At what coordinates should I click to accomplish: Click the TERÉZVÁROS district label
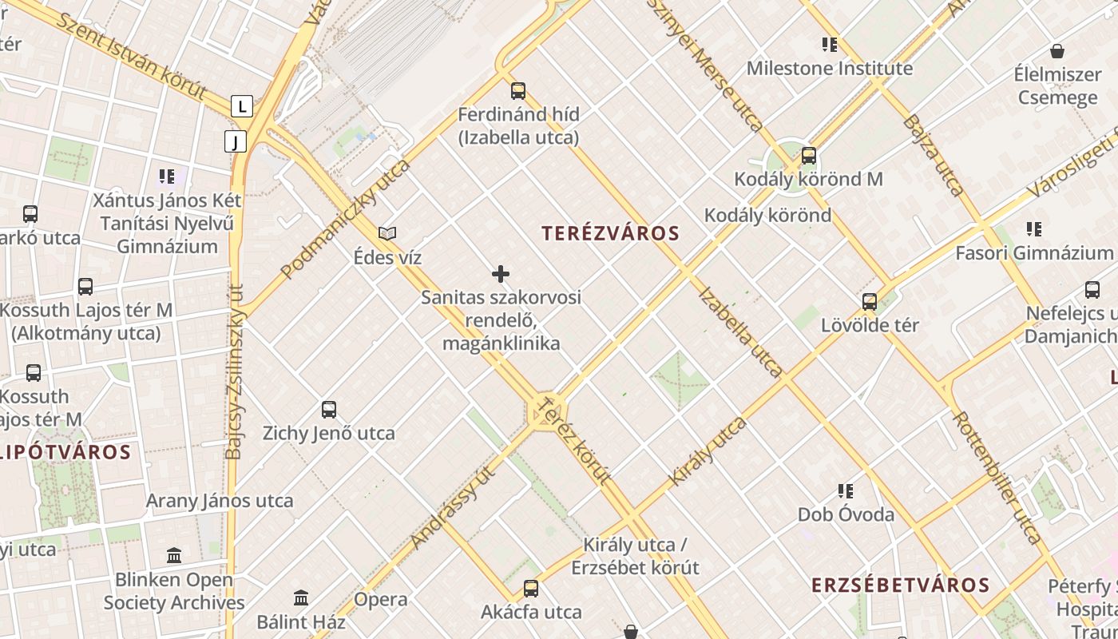[610, 233]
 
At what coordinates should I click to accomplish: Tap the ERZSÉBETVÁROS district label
[900, 585]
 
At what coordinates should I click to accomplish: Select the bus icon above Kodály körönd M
[809, 156]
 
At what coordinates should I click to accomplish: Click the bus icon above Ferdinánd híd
[518, 91]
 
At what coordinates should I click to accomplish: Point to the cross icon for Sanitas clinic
[501, 275]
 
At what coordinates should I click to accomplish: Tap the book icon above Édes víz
[387, 234]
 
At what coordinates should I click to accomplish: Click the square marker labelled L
[242, 105]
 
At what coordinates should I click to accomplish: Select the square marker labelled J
[235, 142]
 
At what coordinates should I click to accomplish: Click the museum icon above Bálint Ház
[301, 597]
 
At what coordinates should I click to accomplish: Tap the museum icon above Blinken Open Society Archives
[174, 555]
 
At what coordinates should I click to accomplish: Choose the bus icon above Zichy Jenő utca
[328, 410]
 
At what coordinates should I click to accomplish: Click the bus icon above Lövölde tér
[870, 302]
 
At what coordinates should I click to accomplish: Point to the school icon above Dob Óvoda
[846, 490]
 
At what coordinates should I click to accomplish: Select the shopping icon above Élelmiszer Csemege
[1057, 52]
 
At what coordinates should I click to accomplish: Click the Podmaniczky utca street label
[346, 218]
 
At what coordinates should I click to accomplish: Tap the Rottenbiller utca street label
[997, 478]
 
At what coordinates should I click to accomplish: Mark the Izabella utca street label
[740, 331]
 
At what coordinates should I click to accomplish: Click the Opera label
[380, 599]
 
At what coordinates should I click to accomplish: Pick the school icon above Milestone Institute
[830, 45]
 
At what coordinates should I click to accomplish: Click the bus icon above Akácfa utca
[531, 589]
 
